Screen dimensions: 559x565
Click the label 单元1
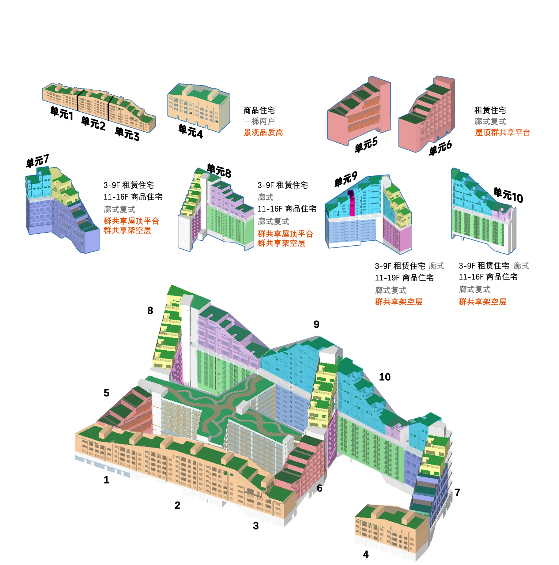tap(62, 113)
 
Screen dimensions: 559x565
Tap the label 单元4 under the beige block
tap(191, 132)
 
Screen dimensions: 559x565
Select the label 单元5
tap(366, 145)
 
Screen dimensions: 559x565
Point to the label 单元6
tap(440, 148)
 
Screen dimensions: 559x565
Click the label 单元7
tap(37, 161)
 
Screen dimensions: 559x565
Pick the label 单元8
tap(219, 171)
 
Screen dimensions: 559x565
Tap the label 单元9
tap(346, 179)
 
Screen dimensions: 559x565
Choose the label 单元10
tap(508, 195)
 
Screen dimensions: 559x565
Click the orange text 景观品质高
tap(263, 133)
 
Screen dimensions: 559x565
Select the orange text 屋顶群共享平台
tap(503, 133)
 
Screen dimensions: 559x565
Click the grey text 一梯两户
tap(259, 121)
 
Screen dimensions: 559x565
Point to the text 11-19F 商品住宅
tap(404, 278)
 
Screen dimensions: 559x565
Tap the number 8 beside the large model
tap(150, 311)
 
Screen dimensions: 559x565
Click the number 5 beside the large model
tap(106, 393)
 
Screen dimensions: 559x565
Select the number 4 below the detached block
tap(366, 554)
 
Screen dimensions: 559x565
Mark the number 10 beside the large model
tap(385, 377)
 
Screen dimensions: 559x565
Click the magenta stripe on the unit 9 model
tap(352, 203)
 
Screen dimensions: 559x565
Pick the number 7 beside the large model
tap(457, 492)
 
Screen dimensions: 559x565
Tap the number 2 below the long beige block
tap(177, 505)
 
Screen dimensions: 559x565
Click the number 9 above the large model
tap(316, 324)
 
